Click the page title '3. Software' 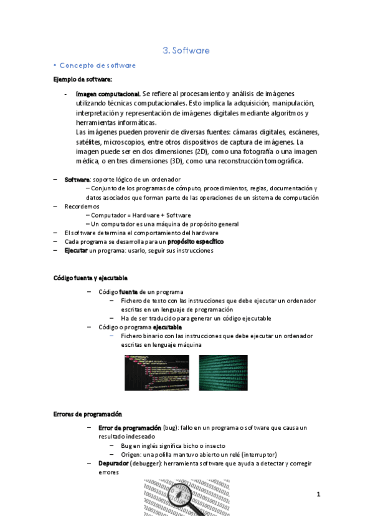[186, 51]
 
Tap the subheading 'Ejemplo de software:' [82, 79]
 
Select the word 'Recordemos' [82, 206]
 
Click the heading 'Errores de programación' [87, 414]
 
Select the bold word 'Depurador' [114, 464]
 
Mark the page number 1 [318, 495]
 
